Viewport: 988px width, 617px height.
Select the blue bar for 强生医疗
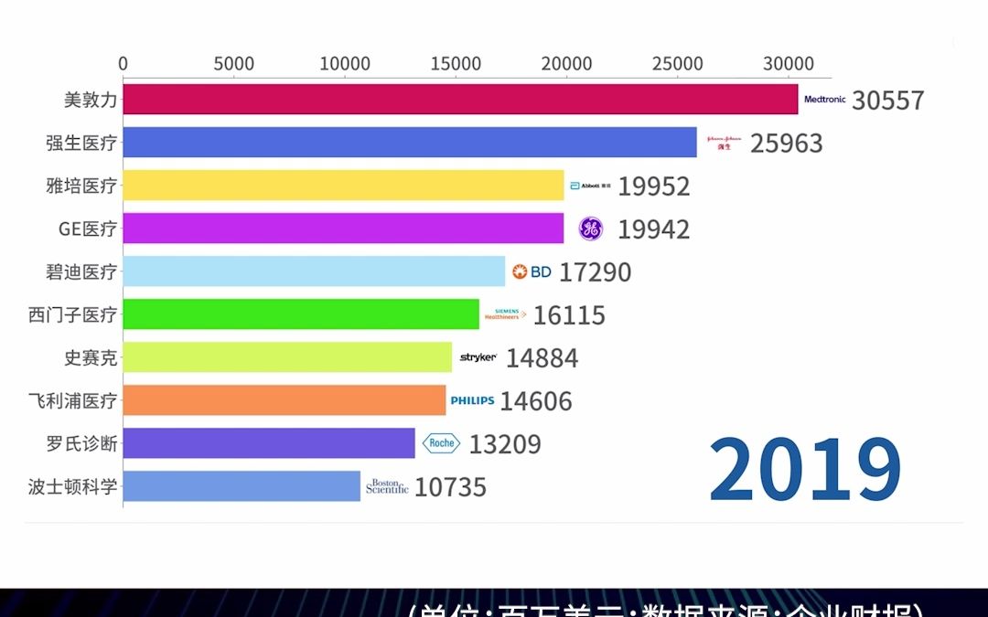[410, 143]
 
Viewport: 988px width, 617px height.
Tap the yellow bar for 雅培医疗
[343, 186]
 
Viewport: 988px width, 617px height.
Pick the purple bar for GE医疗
[343, 229]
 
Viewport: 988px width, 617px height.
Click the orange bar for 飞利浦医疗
[285, 400]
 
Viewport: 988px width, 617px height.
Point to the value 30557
[887, 101]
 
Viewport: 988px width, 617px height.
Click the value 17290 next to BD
[595, 272]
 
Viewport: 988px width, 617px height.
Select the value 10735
[450, 487]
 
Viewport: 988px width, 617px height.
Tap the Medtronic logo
[824, 100]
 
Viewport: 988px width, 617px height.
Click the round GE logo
[590, 229]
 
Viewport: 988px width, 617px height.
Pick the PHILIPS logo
[472, 400]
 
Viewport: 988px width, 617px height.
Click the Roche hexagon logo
[441, 443]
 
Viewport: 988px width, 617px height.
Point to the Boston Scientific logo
[387, 486]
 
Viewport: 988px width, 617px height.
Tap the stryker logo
[478, 357]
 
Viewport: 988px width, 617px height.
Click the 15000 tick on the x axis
[456, 64]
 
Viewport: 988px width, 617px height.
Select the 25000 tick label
[678, 64]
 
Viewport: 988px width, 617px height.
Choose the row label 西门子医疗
[73, 315]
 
